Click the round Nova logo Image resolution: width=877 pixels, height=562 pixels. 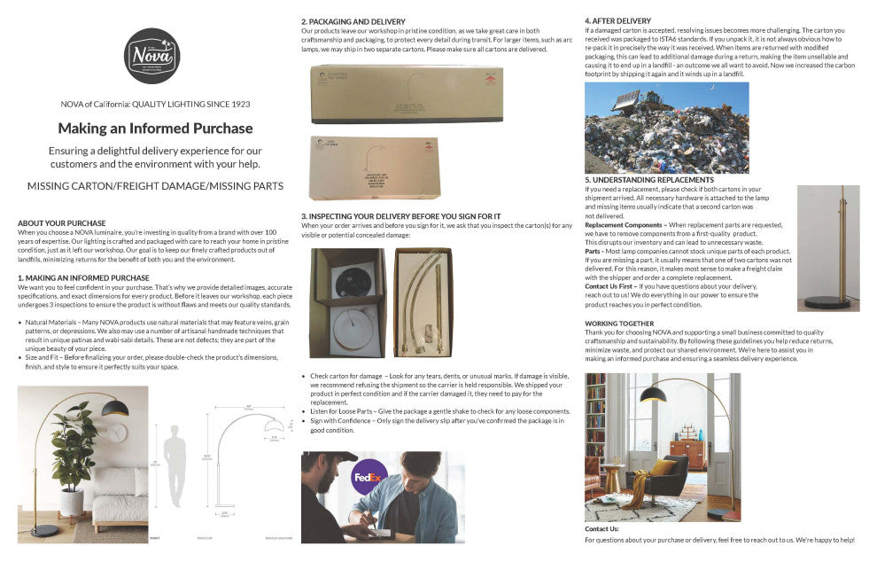tap(151, 56)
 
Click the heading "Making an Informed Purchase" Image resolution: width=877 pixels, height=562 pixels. tap(155, 129)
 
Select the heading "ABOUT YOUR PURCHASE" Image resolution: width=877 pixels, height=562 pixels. tap(62, 222)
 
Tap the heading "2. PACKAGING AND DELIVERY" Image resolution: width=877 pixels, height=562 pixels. tap(353, 21)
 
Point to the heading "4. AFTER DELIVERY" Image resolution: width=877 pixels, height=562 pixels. tap(619, 20)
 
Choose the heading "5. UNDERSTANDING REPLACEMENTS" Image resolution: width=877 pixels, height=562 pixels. tap(649, 180)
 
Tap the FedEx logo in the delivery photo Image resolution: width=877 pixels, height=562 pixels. tap(368, 478)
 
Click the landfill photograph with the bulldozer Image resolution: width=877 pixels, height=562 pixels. tap(666, 128)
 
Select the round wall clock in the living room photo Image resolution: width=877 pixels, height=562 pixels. tap(117, 432)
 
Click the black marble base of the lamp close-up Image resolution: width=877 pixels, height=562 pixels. tap(827, 302)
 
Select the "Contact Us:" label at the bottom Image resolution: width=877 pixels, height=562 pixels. tap(601, 528)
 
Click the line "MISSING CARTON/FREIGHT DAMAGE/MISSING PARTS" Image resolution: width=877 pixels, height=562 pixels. tap(155, 186)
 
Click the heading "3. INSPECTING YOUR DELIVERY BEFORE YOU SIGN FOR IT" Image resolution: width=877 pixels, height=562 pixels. tap(400, 216)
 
